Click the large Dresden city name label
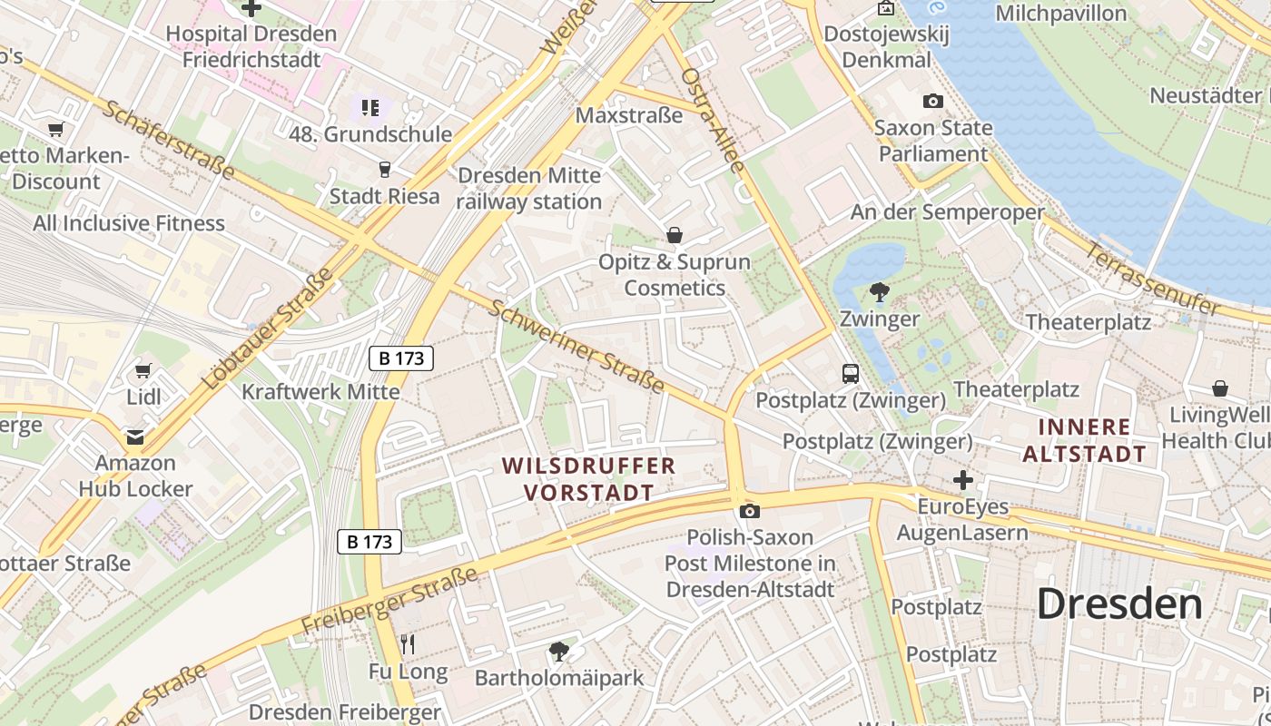coord(1118,603)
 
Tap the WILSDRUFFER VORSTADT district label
coord(588,479)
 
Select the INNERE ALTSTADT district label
coord(1085,439)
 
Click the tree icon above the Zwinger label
coord(879,292)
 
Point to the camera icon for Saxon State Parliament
coord(932,102)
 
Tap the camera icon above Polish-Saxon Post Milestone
coord(749,512)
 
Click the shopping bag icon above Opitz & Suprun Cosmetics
coord(675,236)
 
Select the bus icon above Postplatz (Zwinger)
coord(851,373)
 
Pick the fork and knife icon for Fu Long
coord(408,645)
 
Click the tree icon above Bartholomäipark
coord(559,651)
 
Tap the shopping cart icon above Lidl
coord(143,370)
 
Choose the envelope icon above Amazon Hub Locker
coord(135,437)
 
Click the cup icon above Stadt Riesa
coord(384,169)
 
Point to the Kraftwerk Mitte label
coord(320,392)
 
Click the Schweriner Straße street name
coord(577,346)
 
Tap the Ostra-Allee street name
coord(714,120)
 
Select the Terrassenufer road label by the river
coord(1153,280)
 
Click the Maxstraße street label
coord(629,115)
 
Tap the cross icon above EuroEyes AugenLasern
coord(962,479)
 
